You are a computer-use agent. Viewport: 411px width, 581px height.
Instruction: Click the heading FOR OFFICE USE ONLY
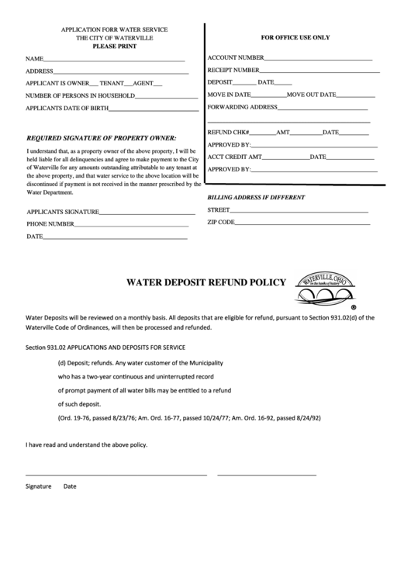[x=295, y=37]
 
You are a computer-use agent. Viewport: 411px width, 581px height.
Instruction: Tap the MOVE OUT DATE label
[x=311, y=94]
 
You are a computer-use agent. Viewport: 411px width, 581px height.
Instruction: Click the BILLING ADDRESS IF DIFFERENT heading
[x=255, y=197]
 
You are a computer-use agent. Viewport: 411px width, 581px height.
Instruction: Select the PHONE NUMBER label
[x=50, y=224]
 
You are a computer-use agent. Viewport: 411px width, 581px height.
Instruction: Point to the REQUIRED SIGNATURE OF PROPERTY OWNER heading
[x=102, y=137]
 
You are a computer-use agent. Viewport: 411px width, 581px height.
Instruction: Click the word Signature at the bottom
[x=38, y=486]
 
